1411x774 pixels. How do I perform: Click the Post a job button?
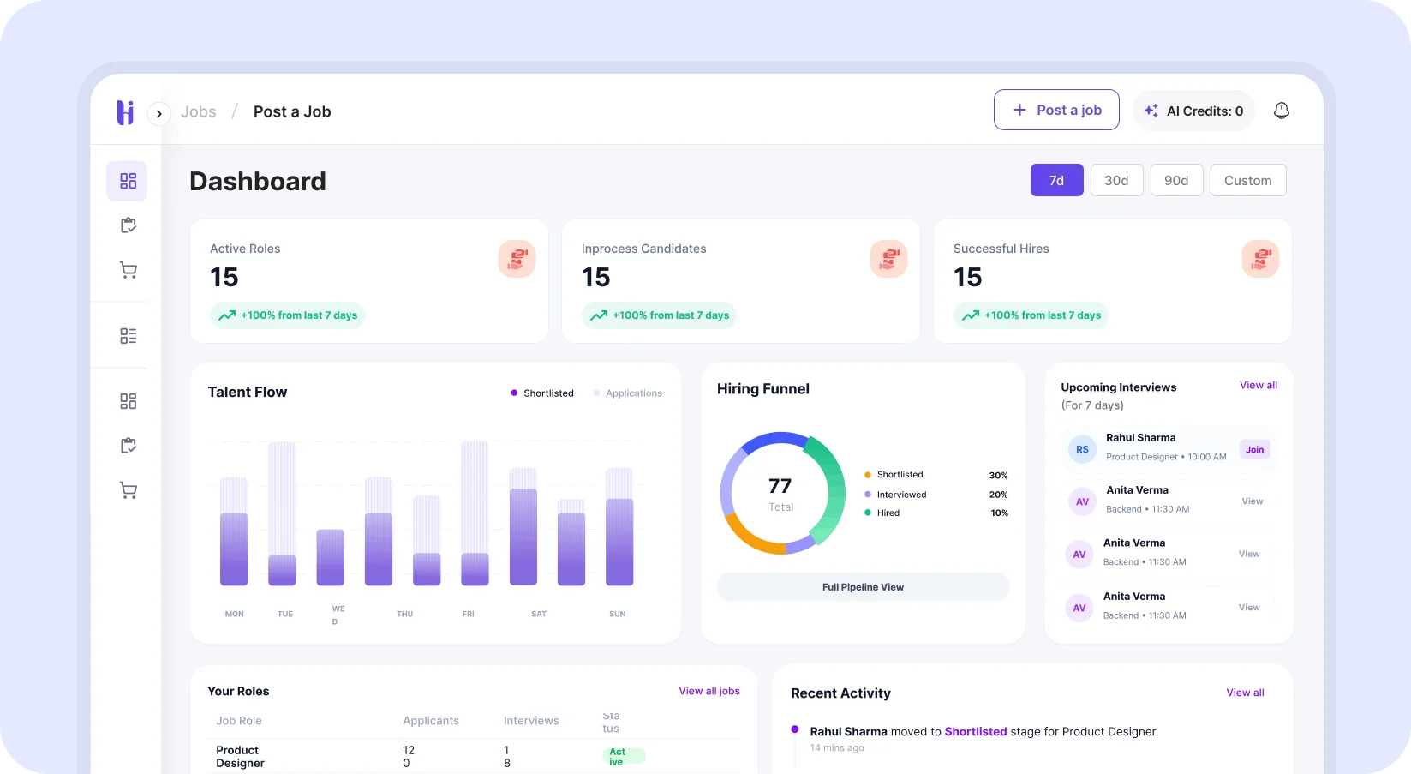[1056, 110]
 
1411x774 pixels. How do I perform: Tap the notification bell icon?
[1281, 111]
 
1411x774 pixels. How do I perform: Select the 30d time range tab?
[1116, 180]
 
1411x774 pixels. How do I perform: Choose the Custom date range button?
[1247, 180]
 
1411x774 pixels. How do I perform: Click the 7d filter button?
[1056, 180]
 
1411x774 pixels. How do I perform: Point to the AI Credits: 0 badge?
[1193, 111]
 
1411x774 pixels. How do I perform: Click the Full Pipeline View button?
[863, 587]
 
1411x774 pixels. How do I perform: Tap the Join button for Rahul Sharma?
[1254, 449]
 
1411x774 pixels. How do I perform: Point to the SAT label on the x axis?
[539, 614]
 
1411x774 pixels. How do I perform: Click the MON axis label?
[234, 614]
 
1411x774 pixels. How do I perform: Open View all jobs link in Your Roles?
[708, 691]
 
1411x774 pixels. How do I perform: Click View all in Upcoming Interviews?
[1258, 385]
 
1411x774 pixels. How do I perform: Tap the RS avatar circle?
[1082, 449]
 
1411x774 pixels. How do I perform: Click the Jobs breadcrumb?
[199, 111]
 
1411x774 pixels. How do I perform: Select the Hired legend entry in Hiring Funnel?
[888, 513]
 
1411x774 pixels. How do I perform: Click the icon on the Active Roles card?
[517, 259]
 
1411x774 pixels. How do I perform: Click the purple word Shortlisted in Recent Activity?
[975, 731]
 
